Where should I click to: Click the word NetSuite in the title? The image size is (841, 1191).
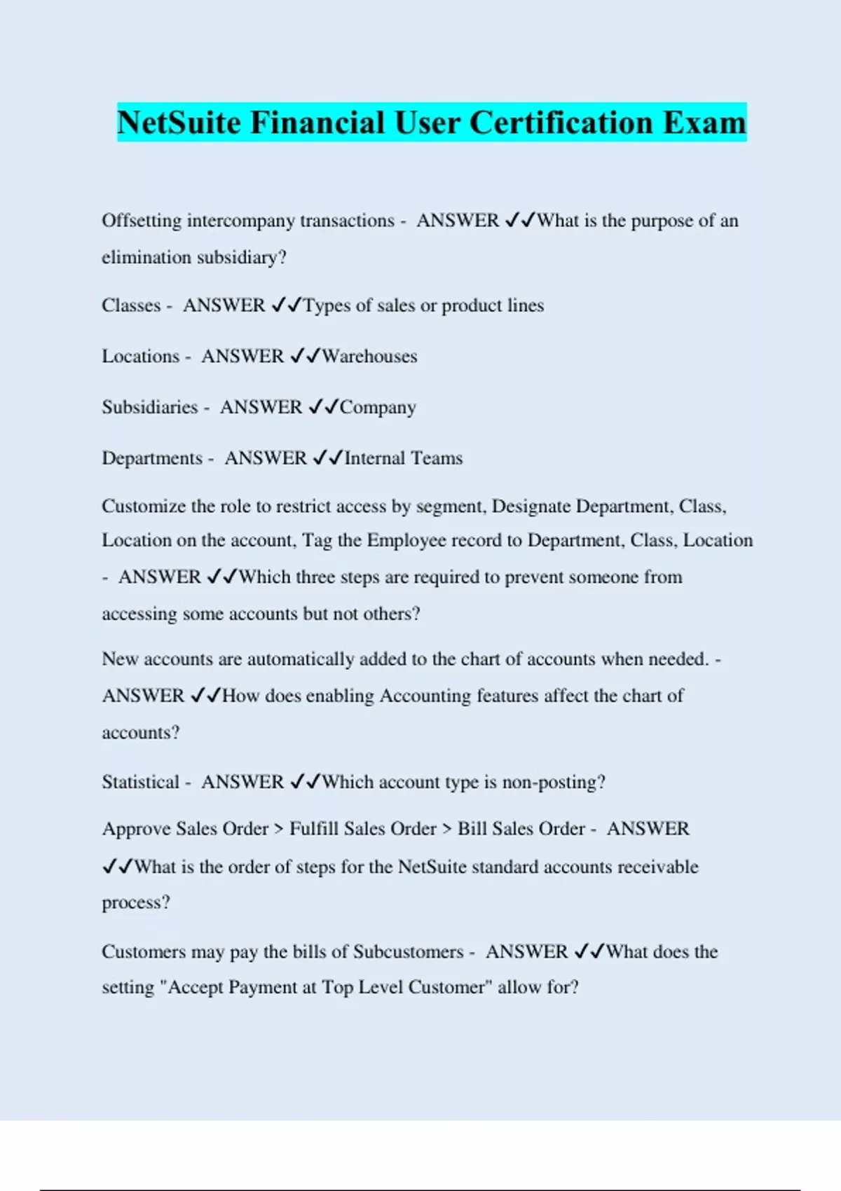click(x=179, y=123)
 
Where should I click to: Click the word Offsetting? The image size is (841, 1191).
click(x=141, y=221)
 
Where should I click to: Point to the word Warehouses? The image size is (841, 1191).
click(x=369, y=357)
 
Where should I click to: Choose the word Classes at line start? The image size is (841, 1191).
click(x=131, y=305)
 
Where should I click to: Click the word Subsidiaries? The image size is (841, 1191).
click(x=149, y=407)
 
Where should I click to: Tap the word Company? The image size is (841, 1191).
click(x=378, y=408)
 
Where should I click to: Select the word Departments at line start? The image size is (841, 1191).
click(x=152, y=458)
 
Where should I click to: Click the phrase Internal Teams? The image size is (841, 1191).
click(x=404, y=458)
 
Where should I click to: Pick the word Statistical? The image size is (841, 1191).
click(x=140, y=782)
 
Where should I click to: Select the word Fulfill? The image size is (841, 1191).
click(x=314, y=829)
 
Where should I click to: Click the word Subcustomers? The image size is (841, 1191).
click(x=408, y=952)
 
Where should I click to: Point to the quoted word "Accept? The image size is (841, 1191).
click(x=191, y=987)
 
